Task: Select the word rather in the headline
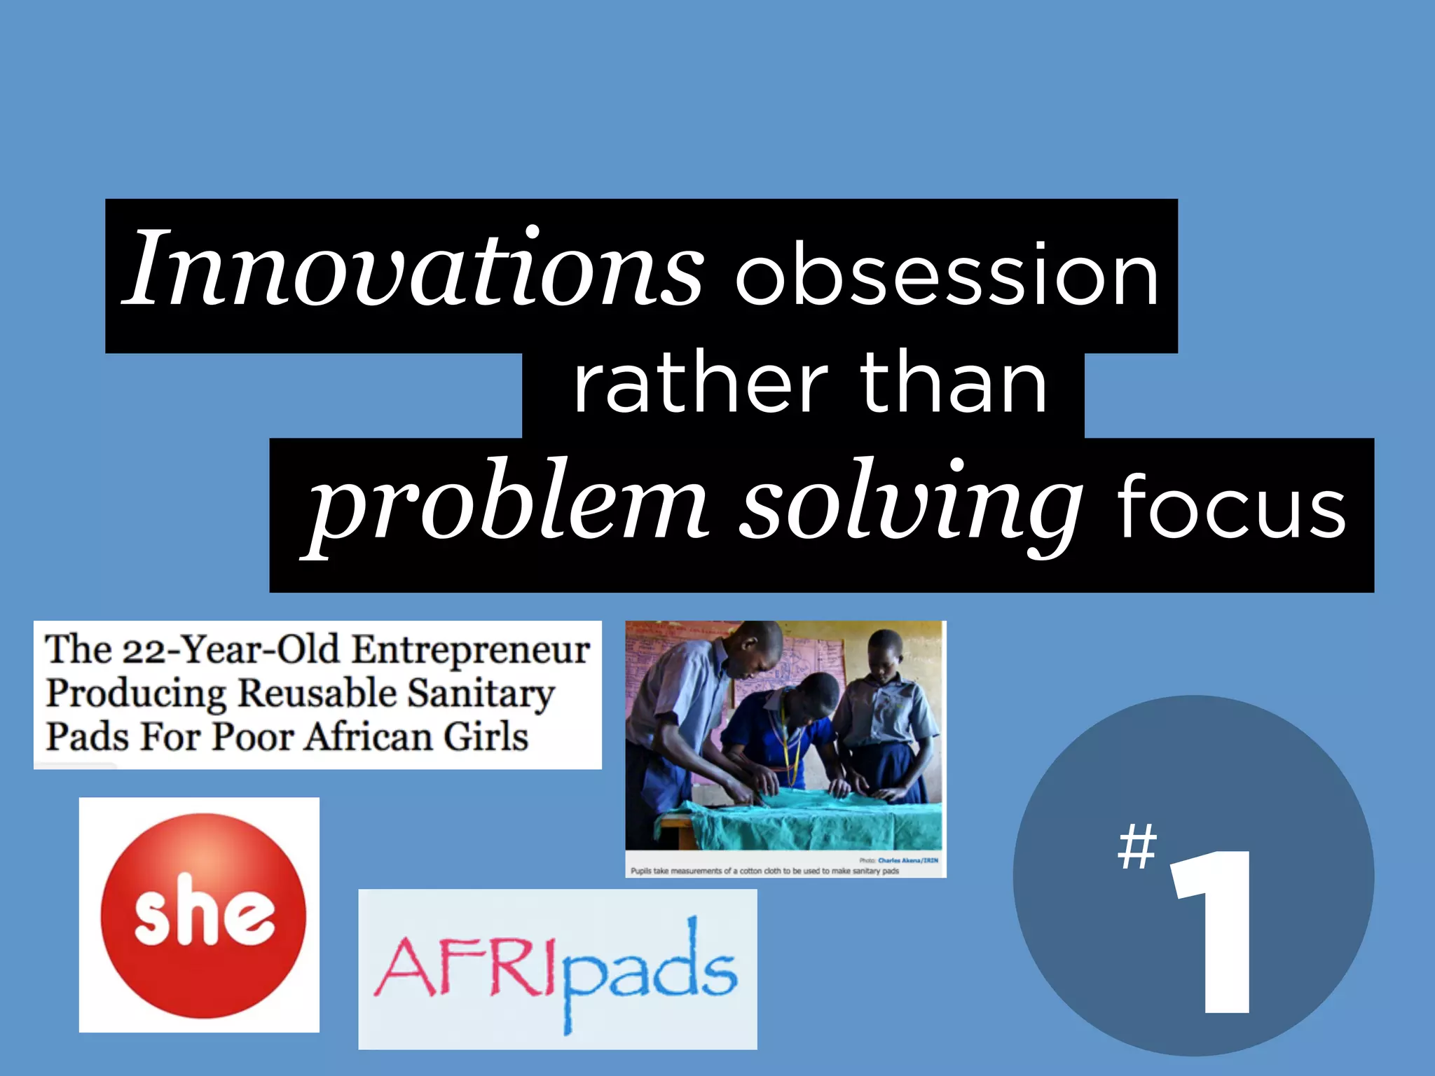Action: click(701, 384)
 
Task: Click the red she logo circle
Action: click(203, 915)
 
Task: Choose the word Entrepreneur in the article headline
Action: click(470, 650)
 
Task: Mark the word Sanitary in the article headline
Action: click(481, 694)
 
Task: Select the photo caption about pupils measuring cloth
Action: click(764, 871)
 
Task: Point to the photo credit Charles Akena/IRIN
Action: click(907, 860)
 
